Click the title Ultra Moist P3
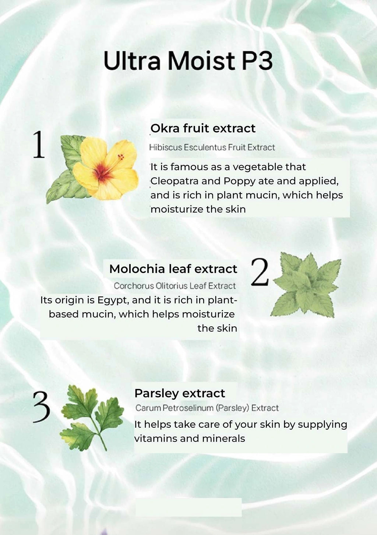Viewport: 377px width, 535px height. (188, 60)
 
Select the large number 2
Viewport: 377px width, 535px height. (260, 272)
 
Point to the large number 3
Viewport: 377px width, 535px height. (42, 407)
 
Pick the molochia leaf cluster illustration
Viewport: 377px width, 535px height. (306, 285)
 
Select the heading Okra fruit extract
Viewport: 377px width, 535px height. (203, 128)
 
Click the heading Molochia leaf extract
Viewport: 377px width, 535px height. (173, 269)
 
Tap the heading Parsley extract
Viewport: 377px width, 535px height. (180, 393)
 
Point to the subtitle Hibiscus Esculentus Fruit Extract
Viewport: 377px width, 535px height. (212, 147)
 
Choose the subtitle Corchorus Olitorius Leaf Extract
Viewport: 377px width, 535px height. (175, 286)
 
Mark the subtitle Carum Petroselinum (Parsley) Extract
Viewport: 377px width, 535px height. (207, 408)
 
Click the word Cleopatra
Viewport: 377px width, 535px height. (175, 181)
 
